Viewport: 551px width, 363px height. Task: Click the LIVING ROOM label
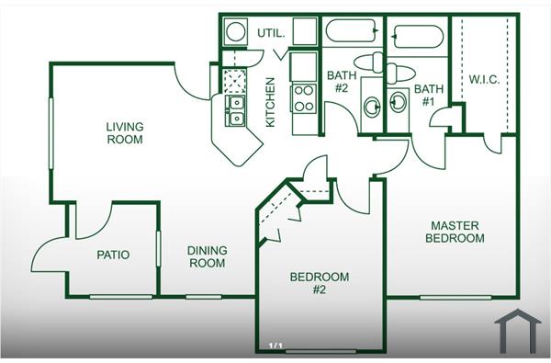coord(124,133)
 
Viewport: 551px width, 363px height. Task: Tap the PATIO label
coord(112,255)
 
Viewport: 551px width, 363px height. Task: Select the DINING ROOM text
coord(207,256)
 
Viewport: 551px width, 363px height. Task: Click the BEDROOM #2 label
coord(320,283)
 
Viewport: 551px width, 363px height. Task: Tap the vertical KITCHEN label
coord(271,102)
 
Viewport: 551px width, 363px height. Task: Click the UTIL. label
coord(270,33)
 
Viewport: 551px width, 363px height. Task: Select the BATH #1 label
coord(429,96)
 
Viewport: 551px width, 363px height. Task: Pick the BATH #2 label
coord(340,82)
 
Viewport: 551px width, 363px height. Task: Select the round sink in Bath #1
coord(397,101)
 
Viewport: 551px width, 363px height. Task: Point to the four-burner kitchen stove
coord(303,96)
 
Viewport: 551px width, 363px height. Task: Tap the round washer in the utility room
coord(235,32)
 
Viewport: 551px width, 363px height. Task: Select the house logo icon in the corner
coord(517,330)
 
